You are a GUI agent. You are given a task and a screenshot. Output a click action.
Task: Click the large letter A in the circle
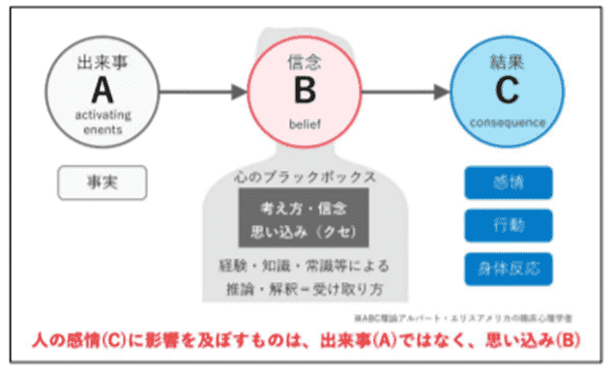(102, 90)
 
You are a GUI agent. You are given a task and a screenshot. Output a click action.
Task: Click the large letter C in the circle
(508, 92)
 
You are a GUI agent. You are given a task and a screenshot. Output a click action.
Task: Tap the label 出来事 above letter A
(102, 63)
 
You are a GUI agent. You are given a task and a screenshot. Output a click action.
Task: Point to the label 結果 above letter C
(508, 63)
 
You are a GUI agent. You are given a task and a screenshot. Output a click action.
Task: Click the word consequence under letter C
(508, 123)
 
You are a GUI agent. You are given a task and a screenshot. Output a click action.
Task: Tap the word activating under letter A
(102, 114)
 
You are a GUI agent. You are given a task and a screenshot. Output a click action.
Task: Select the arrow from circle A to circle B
(198, 93)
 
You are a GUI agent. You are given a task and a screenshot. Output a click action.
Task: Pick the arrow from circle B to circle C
(402, 93)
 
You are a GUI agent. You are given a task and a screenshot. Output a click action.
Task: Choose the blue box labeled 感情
(508, 181)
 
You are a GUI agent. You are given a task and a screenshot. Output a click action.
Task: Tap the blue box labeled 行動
(508, 224)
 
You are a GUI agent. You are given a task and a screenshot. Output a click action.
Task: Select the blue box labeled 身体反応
(508, 266)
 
